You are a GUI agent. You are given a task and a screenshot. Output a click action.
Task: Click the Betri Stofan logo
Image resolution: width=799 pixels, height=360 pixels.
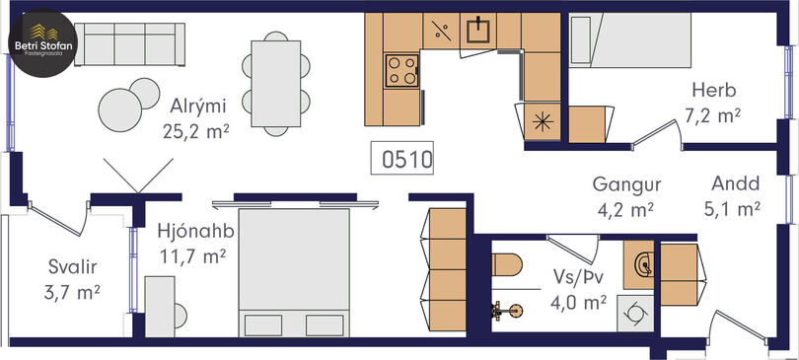pyautogui.click(x=43, y=43)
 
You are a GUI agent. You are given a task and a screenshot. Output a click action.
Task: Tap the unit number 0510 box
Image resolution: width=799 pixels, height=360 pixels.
pyautogui.click(x=402, y=159)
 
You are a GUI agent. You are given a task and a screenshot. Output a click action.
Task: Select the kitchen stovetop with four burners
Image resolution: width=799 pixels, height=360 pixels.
pyautogui.click(x=402, y=70)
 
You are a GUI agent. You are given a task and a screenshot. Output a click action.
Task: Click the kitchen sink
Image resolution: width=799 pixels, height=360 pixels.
pyautogui.click(x=478, y=31)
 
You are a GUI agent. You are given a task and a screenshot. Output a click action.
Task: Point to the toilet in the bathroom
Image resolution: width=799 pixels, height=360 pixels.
pyautogui.click(x=508, y=264)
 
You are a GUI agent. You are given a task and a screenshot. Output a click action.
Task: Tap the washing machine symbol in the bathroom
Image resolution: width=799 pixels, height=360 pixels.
pyautogui.click(x=635, y=314)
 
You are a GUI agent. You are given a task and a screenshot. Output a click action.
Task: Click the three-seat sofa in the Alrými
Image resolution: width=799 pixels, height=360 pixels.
pyautogui.click(x=129, y=44)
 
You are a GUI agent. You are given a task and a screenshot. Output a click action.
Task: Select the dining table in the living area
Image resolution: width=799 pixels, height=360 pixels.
pyautogui.click(x=276, y=84)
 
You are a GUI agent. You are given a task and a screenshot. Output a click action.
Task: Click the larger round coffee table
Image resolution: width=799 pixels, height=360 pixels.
pyautogui.click(x=120, y=110)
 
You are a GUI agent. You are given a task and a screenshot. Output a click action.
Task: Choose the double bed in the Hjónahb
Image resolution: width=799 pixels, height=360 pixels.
pyautogui.click(x=294, y=272)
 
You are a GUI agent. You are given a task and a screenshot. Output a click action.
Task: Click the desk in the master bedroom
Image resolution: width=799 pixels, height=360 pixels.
pyautogui.click(x=160, y=307)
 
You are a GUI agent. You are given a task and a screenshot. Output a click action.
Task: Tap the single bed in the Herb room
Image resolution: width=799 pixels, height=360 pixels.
pyautogui.click(x=630, y=40)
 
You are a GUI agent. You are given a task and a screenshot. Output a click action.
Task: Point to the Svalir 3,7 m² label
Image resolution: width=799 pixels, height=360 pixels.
pyautogui.click(x=73, y=279)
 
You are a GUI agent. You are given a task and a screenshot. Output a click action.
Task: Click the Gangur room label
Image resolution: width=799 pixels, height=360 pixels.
pyautogui.click(x=626, y=184)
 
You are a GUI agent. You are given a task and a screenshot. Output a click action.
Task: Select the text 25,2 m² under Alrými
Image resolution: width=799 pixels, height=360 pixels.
pyautogui.click(x=195, y=131)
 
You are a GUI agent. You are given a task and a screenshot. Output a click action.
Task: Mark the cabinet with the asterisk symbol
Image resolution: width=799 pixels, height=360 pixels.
pyautogui.click(x=543, y=122)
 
